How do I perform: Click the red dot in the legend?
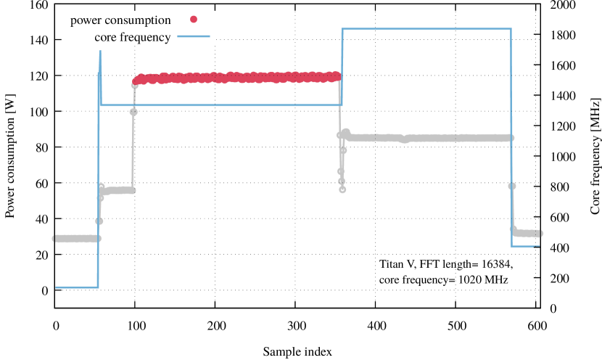[194, 20]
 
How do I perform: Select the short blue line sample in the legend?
[194, 36]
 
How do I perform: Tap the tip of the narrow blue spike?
[100, 51]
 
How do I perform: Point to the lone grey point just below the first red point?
[133, 111]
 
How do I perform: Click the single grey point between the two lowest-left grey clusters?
[99, 221]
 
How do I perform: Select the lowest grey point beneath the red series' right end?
[342, 189]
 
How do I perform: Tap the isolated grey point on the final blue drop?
[512, 186]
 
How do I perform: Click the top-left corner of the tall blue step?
[342, 29]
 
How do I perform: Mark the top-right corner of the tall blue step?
[511, 29]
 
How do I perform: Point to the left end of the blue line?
[56, 287]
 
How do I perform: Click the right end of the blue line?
[539, 246]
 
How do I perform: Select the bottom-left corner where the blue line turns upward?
[98, 287]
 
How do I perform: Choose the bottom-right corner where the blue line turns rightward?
[512, 246]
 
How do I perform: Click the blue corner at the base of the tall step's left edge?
[342, 105]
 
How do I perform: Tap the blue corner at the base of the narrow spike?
[101, 105]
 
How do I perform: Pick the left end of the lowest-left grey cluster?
[54, 238]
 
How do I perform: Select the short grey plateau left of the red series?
[117, 191]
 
